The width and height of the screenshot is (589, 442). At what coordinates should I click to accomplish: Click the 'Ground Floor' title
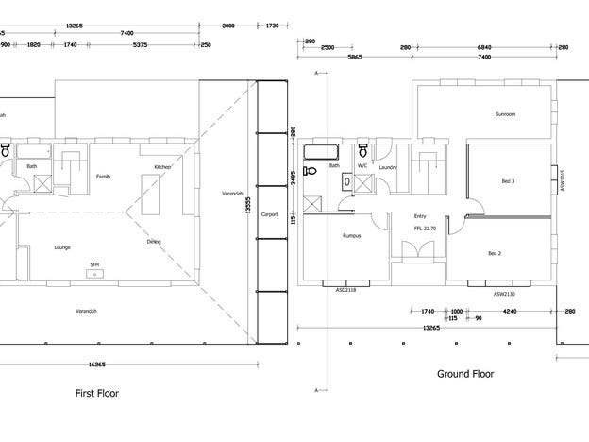pos(465,374)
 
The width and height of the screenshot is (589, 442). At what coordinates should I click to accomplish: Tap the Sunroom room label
pos(505,114)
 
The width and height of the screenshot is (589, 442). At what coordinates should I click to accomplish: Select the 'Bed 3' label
pos(508,181)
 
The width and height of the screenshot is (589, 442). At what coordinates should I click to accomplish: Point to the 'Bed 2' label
pos(495,254)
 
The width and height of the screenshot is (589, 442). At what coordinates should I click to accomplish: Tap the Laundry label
pos(387,167)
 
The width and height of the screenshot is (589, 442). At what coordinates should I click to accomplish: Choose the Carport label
pos(267,213)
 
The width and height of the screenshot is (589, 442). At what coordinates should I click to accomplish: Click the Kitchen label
pos(162,167)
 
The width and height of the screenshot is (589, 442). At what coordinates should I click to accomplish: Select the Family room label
pos(104,176)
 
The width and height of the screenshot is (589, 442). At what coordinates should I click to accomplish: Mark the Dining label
pos(153,242)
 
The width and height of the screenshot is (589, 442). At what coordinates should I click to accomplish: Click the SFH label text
pos(94,264)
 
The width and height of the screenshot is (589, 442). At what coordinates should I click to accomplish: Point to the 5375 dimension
pos(140,43)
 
